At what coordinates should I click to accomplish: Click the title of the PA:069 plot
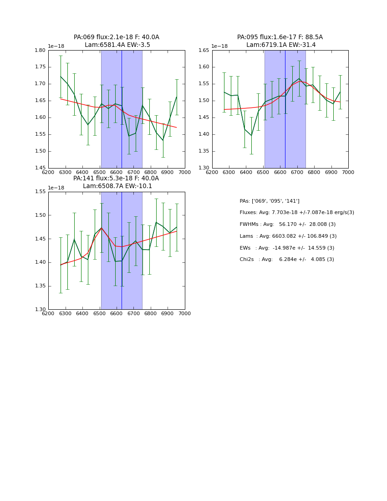pos(117,41)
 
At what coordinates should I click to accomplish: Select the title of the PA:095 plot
pos(280,41)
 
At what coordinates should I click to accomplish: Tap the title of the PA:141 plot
pos(117,182)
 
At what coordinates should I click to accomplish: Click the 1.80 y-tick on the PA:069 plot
pos(41,51)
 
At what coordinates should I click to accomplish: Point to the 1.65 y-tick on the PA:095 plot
pos(204,51)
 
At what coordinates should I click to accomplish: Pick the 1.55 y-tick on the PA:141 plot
pos(41,192)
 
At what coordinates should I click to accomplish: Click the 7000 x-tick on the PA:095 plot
pos(348,172)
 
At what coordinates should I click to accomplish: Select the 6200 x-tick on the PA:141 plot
pos(48,313)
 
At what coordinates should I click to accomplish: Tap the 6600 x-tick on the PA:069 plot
pos(117,172)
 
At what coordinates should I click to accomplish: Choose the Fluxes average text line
pos(296,213)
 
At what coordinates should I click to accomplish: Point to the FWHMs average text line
pos(287,225)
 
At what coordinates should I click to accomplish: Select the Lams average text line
pos(288,236)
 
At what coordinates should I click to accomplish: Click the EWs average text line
pos(286,248)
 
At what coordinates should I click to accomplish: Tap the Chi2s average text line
pos(286,260)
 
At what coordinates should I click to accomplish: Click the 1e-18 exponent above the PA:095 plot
pos(219,46)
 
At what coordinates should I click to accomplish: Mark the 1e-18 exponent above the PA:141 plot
pos(56,188)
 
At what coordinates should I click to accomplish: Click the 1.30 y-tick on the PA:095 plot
pos(204,168)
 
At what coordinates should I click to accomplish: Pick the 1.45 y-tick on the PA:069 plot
pos(41,168)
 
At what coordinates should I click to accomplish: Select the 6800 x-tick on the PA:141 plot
pos(151,313)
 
